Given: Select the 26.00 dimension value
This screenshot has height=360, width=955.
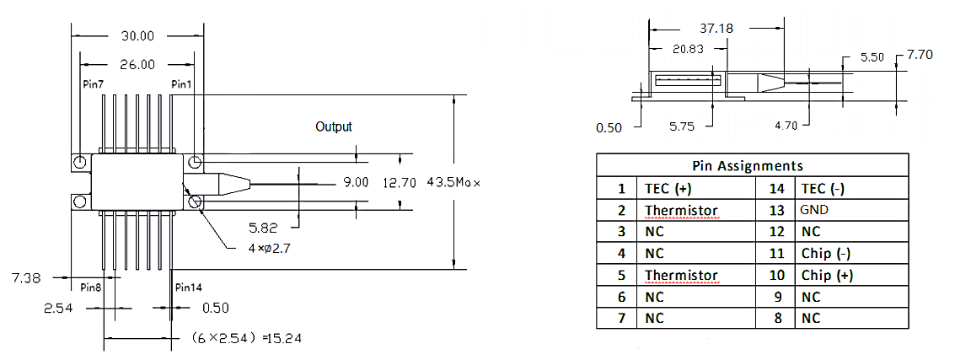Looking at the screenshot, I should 135,64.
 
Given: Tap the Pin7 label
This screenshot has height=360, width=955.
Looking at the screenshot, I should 93,84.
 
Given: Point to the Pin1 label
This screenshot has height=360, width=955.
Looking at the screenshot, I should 181,84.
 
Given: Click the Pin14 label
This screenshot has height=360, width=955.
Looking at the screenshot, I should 190,287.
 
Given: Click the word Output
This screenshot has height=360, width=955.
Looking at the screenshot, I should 334,126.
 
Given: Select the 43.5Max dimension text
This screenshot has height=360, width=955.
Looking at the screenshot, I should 453,182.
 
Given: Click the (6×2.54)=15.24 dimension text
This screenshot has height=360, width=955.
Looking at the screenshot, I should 243,338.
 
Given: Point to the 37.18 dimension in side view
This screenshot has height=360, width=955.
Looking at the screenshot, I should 716,28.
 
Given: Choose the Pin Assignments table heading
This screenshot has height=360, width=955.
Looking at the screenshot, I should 748,166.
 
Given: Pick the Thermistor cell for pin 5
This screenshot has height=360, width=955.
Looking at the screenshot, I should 681,275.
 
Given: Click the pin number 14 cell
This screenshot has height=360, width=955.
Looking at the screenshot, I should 777,188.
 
